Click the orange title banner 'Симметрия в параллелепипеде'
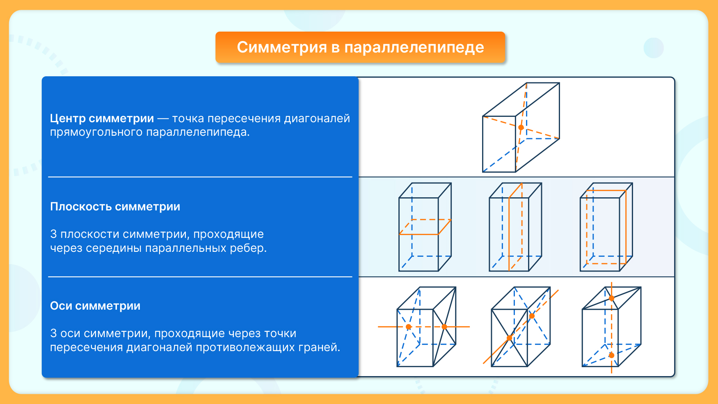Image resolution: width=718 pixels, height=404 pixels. click(x=360, y=47)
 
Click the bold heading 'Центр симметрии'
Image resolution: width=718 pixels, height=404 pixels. click(x=102, y=119)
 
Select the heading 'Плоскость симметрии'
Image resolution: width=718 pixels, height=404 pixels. click(x=115, y=207)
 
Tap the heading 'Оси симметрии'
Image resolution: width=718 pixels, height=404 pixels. click(x=95, y=306)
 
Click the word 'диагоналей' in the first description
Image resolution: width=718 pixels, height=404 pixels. click(x=317, y=119)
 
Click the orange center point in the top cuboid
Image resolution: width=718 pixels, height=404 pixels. click(x=521, y=128)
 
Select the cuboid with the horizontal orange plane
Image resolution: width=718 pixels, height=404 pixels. click(x=425, y=227)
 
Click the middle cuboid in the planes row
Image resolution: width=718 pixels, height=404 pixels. click(x=515, y=227)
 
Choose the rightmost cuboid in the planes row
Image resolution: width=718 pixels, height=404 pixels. click(x=606, y=227)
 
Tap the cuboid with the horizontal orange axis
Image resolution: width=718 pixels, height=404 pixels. click(x=426, y=327)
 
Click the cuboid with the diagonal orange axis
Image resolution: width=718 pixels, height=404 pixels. click(x=520, y=327)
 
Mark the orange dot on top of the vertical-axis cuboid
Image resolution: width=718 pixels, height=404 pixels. click(x=611, y=298)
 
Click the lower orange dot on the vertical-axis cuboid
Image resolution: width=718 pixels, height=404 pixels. click(x=611, y=355)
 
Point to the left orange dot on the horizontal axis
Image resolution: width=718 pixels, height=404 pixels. click(x=408, y=327)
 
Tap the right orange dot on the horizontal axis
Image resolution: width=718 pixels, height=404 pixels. click(x=444, y=327)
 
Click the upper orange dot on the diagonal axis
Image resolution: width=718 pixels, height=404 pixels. click(x=532, y=316)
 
